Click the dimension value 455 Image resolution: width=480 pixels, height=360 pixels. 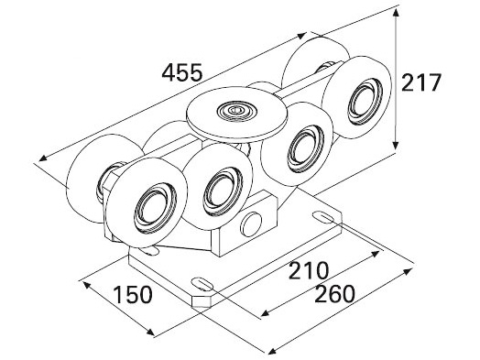tap(182, 72)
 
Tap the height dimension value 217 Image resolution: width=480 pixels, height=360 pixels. tap(420, 82)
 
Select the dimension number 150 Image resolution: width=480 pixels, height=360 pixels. tap(132, 294)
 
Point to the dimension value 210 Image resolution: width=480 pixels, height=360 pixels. tap(309, 270)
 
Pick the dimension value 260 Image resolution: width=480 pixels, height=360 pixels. tap(334, 293)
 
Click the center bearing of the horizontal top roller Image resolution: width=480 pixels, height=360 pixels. tap(235, 109)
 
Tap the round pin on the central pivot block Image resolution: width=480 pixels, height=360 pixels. tap(251, 224)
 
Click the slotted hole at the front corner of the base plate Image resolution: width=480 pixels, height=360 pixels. tap(202, 283)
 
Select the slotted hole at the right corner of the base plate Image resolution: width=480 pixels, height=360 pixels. tap(323, 217)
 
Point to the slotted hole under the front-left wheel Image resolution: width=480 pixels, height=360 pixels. tap(150, 250)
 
